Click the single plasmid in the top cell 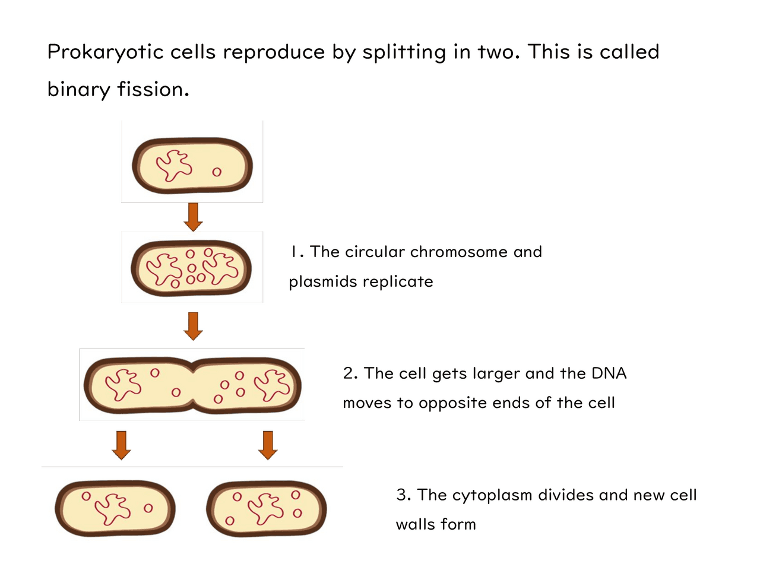click(x=217, y=172)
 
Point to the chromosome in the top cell click(x=174, y=165)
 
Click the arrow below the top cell click(x=193, y=217)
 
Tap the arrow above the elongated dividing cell click(x=193, y=326)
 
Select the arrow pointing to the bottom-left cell click(x=122, y=445)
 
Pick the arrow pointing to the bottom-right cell click(x=268, y=445)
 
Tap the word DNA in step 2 click(x=609, y=373)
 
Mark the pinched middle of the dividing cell click(x=192, y=386)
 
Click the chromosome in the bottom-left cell click(x=112, y=508)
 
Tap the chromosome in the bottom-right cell click(x=265, y=508)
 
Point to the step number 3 click(x=403, y=495)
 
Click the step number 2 click(x=349, y=373)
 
